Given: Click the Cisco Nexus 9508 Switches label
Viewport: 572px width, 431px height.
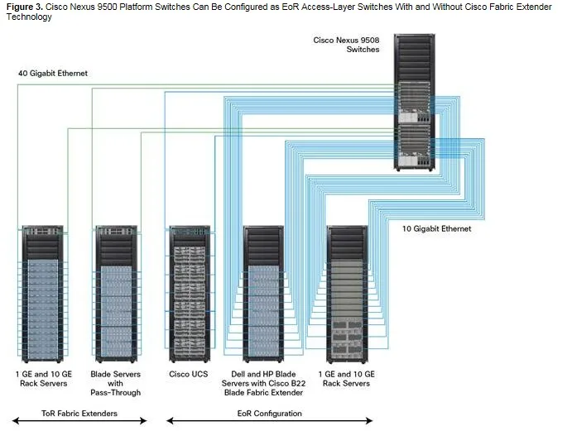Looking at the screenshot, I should [346, 44].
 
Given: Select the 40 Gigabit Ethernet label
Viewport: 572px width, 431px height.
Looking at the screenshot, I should [53, 74].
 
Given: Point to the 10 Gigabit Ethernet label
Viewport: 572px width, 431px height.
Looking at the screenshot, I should [436, 228].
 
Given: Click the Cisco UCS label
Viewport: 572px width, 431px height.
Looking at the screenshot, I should [189, 374].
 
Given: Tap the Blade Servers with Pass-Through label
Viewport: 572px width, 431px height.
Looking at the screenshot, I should [116, 383].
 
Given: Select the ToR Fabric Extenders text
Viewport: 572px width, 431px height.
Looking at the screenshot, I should [79, 413].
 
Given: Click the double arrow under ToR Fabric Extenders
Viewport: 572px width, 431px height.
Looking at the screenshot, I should [79, 423].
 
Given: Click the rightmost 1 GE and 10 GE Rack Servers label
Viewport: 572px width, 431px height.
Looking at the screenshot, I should [348, 378].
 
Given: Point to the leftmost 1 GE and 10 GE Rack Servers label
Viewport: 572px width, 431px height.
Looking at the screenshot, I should [43, 378].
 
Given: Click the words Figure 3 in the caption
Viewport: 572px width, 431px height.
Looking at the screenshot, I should [23, 7].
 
